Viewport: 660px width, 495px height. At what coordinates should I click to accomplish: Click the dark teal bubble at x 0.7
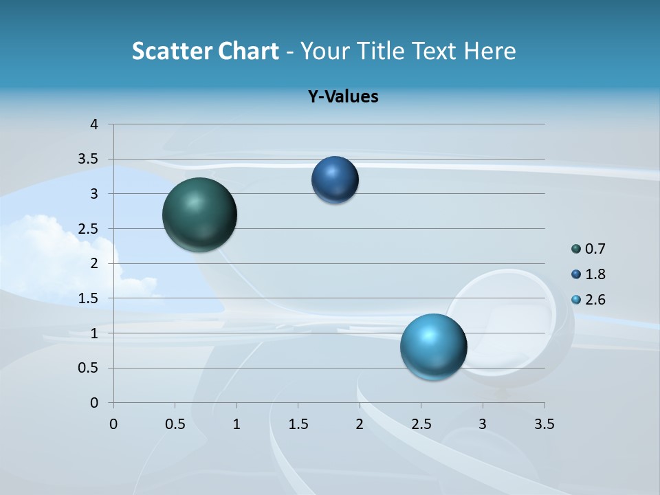199,214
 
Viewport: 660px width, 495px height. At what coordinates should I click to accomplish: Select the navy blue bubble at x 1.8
335,179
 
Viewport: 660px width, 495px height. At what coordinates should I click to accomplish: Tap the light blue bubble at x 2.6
433,346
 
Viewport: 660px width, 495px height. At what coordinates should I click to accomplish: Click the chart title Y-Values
343,96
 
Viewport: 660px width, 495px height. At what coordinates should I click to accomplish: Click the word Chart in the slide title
249,51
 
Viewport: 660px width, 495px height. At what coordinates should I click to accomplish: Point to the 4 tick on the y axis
95,124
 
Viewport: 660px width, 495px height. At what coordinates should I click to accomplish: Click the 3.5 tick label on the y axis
88,159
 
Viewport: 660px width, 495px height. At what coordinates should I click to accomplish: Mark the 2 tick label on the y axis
95,263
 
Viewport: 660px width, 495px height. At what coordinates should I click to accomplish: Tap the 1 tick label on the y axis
95,333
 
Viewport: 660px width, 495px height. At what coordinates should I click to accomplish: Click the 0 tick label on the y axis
95,403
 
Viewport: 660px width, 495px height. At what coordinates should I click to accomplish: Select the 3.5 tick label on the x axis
544,424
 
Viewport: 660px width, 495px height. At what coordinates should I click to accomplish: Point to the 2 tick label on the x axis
360,424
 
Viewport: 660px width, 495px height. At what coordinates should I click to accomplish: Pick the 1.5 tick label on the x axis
298,424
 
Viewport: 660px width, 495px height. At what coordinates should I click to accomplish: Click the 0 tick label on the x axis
113,424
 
